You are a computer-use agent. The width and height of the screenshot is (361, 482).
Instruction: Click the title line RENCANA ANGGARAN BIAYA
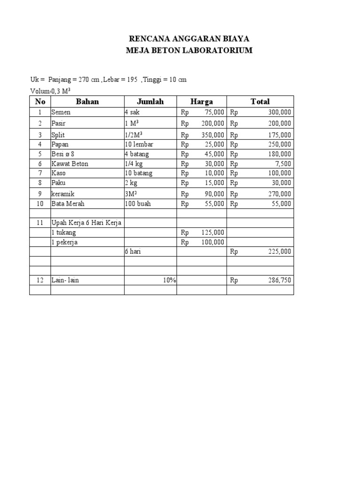click(190, 38)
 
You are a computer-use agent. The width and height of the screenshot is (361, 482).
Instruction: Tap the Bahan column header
click(87, 102)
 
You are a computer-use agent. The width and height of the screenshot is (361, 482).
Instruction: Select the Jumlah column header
click(150, 102)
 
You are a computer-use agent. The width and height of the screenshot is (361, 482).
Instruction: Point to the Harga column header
click(201, 102)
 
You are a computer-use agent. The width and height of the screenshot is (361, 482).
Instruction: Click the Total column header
click(260, 102)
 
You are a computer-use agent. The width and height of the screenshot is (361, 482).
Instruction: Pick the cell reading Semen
click(61, 112)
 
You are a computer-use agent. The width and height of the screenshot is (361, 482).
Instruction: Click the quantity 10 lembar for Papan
click(139, 144)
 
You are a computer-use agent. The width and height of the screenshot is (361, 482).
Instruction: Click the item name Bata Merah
click(68, 204)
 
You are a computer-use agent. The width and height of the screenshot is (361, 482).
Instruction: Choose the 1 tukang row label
click(63, 233)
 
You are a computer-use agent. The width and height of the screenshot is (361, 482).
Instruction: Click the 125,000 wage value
click(213, 233)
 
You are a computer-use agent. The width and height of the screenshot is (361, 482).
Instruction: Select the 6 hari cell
click(133, 252)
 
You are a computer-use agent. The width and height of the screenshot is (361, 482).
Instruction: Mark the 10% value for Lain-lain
click(169, 281)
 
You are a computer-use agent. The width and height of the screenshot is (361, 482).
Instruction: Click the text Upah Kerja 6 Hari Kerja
click(86, 223)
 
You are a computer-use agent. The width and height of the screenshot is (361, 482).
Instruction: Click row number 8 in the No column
click(40, 183)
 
